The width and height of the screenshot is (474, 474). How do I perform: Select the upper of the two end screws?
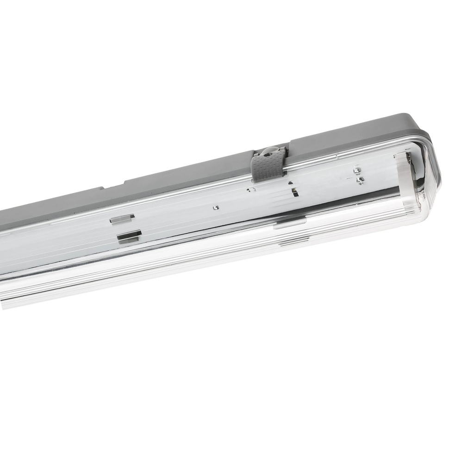(x=357, y=171)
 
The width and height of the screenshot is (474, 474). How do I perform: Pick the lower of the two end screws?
(x=360, y=180)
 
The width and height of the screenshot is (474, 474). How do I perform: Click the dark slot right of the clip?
(x=295, y=193)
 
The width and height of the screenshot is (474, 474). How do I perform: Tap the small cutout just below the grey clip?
(x=251, y=189)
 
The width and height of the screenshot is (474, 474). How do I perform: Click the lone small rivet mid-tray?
(x=216, y=208)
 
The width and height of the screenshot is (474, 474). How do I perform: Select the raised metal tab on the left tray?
(x=122, y=218)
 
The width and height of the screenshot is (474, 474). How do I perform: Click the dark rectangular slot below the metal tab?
(x=129, y=237)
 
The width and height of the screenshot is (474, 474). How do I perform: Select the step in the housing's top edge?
(x=124, y=181)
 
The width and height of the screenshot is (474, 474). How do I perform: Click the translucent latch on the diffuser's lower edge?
(x=290, y=223)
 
